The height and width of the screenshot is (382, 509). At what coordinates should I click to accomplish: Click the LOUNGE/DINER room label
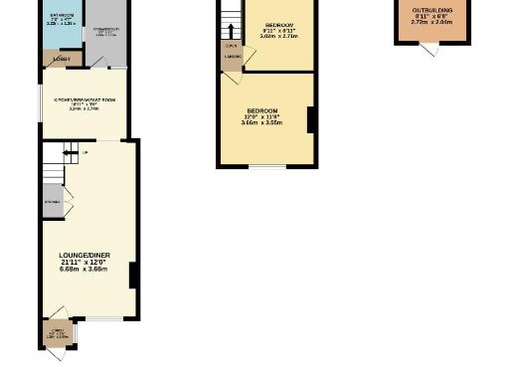click(85, 256)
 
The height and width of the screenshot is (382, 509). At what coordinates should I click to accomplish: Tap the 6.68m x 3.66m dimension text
click(85, 270)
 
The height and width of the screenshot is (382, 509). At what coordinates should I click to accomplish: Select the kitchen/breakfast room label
click(84, 101)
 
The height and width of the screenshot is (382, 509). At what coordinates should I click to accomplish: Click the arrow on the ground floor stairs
click(71, 152)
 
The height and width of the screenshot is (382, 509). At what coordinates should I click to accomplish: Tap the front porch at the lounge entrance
click(57, 333)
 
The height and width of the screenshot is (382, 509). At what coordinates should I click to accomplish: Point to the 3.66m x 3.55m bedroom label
click(262, 116)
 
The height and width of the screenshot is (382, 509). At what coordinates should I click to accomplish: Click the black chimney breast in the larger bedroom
click(311, 120)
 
